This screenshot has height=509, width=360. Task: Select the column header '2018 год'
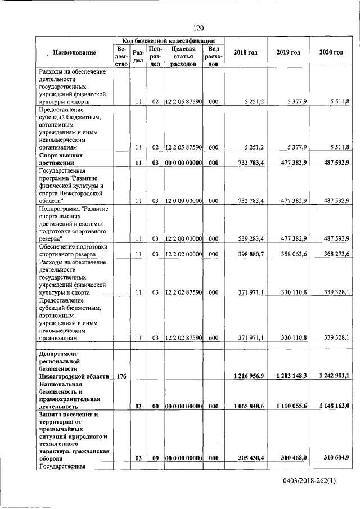tap(245, 52)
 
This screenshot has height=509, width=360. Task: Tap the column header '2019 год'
tap(288, 52)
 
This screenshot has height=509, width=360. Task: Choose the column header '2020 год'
tap(331, 52)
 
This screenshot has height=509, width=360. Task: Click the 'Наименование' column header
tap(74, 52)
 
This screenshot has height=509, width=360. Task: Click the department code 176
tap(121, 375)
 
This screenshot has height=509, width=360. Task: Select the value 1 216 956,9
tap(246, 375)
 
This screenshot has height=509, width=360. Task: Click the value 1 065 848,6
tap(246, 406)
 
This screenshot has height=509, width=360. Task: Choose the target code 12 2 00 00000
tap(183, 238)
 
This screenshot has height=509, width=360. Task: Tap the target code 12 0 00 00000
tap(183, 200)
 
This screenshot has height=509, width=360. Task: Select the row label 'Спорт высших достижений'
tap(62, 158)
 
